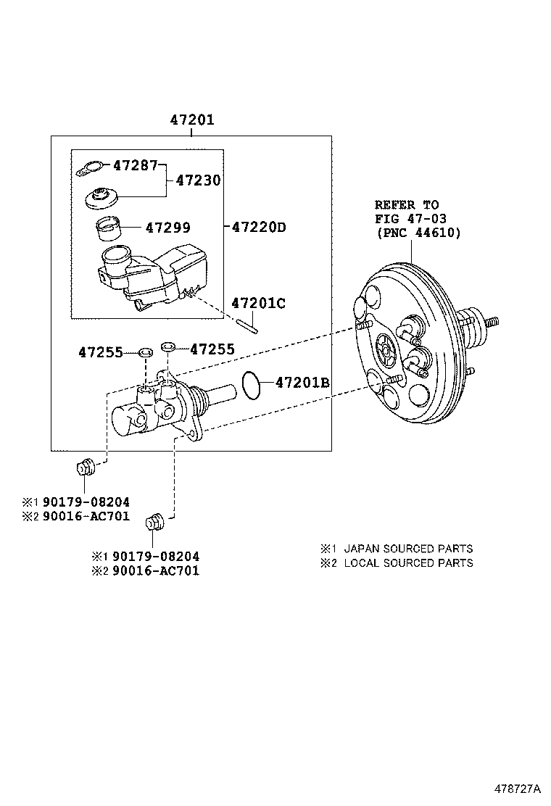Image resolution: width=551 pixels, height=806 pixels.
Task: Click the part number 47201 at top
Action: click(x=192, y=120)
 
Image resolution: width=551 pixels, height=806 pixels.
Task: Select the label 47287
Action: click(x=135, y=165)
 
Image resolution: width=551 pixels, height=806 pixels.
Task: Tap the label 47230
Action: click(x=198, y=180)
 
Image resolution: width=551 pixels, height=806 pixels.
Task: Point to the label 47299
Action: click(x=167, y=228)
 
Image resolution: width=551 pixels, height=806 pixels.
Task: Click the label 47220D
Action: click(x=259, y=228)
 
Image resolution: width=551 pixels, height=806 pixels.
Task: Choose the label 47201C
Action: click(x=258, y=303)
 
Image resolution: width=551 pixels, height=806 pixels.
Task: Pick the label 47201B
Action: click(x=302, y=382)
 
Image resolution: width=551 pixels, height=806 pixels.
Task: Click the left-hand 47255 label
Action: click(x=101, y=352)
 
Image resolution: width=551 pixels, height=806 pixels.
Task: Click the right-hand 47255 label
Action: click(x=212, y=349)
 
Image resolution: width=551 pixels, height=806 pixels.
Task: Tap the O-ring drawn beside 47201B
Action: click(x=251, y=385)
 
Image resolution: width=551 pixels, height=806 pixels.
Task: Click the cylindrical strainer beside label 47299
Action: click(x=109, y=228)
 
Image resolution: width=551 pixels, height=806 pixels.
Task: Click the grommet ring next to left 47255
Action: click(x=145, y=353)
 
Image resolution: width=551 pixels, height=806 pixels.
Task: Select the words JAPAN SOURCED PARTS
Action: click(x=408, y=549)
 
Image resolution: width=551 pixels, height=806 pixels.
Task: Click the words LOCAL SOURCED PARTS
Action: click(x=408, y=562)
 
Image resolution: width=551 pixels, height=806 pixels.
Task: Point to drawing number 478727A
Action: click(x=518, y=787)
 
